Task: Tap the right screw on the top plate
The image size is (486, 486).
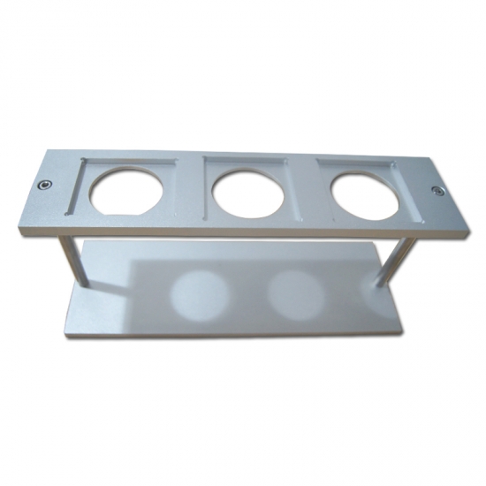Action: (437, 191)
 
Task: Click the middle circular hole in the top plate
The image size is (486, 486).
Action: (249, 192)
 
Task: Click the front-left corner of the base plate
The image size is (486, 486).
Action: (64, 337)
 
